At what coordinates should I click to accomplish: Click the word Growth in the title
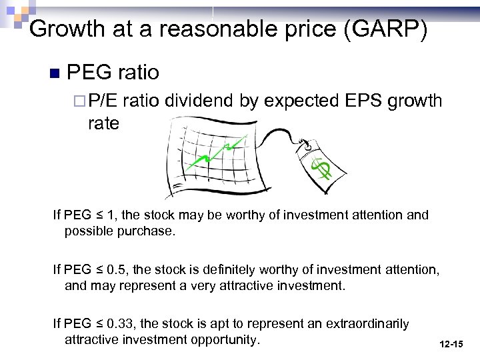click(59, 29)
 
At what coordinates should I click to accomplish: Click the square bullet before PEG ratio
click(55, 72)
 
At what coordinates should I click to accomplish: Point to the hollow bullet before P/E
click(80, 101)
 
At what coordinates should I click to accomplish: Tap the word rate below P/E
click(103, 123)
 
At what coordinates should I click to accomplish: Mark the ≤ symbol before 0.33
click(99, 324)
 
